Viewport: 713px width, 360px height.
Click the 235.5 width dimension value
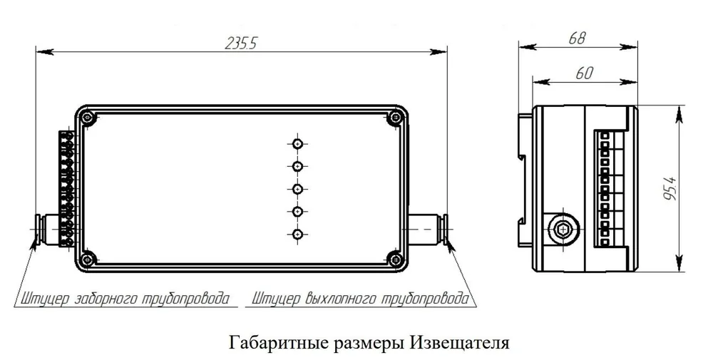tap(241, 43)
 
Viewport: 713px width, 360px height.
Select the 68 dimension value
tap(577, 38)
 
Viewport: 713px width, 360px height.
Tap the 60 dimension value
tap(585, 73)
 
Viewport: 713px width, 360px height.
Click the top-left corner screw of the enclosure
tap(87, 118)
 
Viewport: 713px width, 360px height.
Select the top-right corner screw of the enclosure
tap(395, 118)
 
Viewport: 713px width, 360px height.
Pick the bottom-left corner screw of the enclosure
tap(86, 259)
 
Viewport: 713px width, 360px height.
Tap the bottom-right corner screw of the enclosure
tap(395, 259)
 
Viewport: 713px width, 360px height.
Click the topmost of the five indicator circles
tap(297, 144)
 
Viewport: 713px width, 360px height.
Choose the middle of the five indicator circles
tap(297, 189)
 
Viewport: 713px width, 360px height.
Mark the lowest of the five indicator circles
tap(297, 234)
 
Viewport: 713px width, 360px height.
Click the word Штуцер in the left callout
tap(43, 299)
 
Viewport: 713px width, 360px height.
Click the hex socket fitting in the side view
tap(564, 230)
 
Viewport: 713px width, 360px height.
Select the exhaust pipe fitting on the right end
tap(428, 229)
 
